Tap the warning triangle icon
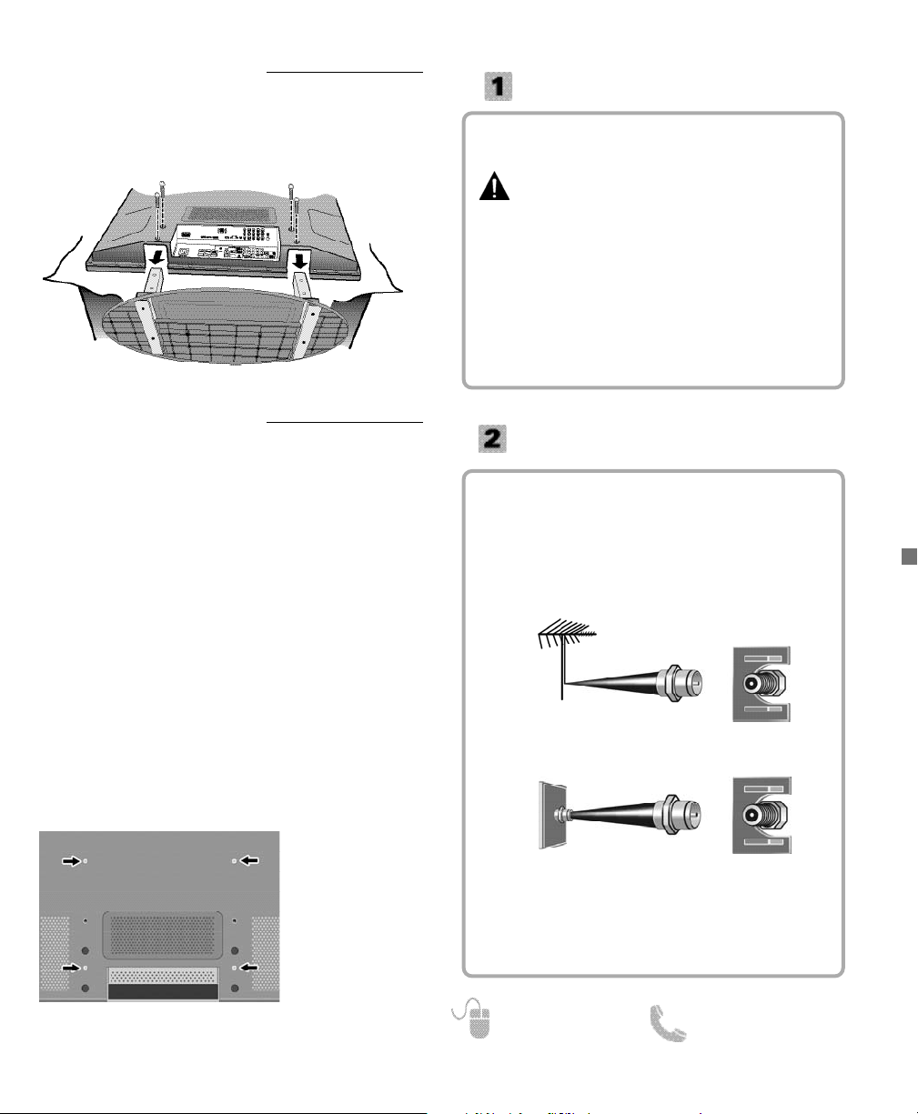pyautogui.click(x=494, y=188)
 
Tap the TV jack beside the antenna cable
pyautogui.click(x=762, y=684)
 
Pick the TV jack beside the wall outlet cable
pyautogui.click(x=762, y=814)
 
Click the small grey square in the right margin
pyautogui.click(x=907, y=557)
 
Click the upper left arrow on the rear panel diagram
pyautogui.click(x=71, y=859)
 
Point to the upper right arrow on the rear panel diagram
pyautogui.click(x=248, y=859)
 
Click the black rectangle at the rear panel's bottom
pyautogui.click(x=163, y=991)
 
